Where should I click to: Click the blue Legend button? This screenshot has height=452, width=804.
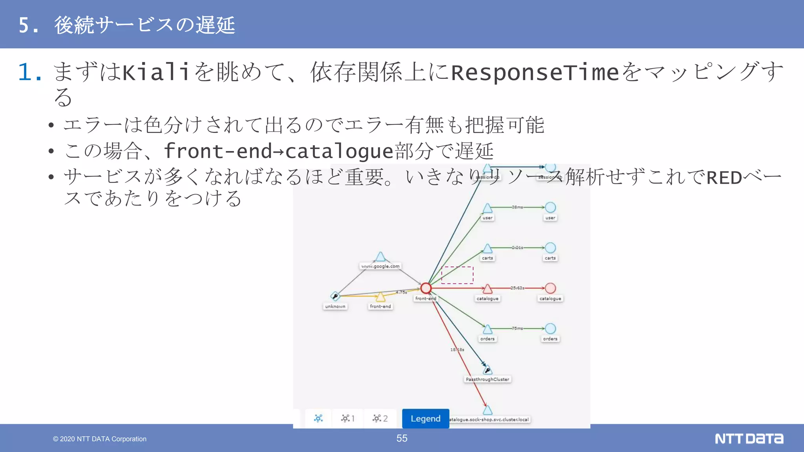tap(426, 419)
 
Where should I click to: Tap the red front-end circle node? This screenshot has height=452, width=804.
tap(426, 288)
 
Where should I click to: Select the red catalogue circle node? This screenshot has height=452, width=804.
tap(550, 288)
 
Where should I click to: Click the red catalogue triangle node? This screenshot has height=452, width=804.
tap(488, 289)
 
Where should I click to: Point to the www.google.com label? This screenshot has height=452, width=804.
tap(380, 266)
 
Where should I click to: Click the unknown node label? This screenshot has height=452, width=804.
tap(335, 306)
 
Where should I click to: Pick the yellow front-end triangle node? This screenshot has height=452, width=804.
tap(380, 297)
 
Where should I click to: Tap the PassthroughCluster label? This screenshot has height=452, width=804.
tap(487, 379)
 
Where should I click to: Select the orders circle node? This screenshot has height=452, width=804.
tap(550, 329)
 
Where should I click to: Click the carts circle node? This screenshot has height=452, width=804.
tap(550, 248)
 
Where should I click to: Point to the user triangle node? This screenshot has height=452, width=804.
tap(488, 208)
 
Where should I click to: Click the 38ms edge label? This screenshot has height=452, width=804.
tap(517, 207)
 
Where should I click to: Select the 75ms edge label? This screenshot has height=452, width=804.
tap(517, 328)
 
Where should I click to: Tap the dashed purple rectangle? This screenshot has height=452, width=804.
tap(457, 275)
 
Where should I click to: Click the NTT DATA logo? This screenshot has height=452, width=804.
tap(749, 439)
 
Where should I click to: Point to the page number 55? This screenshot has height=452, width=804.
tap(402, 438)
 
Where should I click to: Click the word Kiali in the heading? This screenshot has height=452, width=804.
tap(156, 73)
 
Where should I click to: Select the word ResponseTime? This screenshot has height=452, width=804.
tap(535, 73)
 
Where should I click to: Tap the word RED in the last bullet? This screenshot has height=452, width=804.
tap(724, 178)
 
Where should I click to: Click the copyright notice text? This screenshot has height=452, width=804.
tap(100, 439)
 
